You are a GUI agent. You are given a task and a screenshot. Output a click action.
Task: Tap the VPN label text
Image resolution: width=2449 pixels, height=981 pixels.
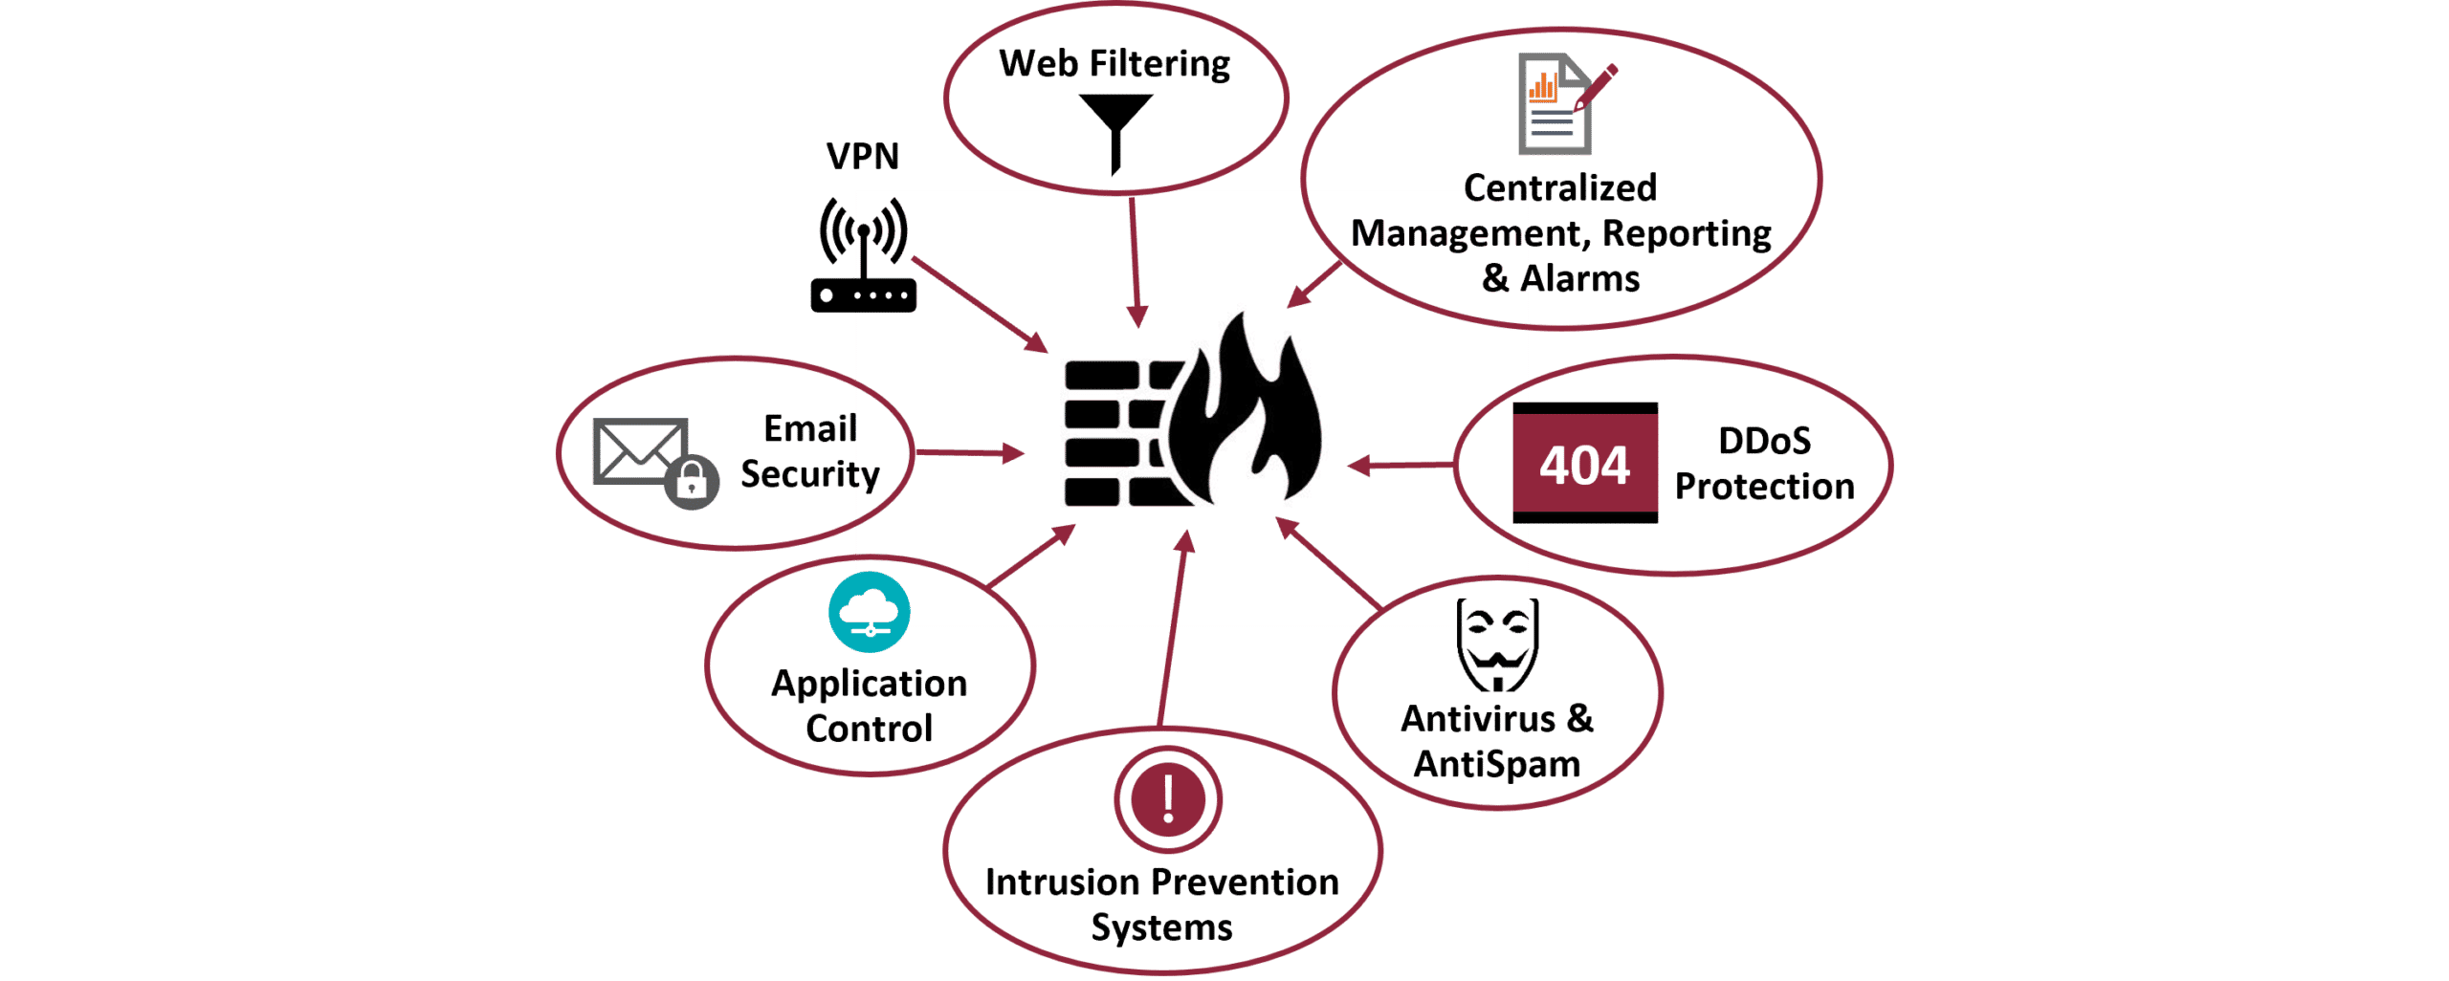click(862, 157)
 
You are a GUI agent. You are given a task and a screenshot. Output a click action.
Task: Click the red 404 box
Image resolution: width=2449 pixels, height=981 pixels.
click(1585, 465)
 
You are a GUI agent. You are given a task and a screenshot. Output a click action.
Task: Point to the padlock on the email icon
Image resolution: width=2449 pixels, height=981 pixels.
click(692, 481)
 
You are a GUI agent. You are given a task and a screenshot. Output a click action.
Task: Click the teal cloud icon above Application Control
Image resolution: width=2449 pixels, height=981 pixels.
click(869, 613)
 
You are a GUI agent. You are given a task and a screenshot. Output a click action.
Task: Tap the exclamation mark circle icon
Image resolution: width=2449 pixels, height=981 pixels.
click(1167, 798)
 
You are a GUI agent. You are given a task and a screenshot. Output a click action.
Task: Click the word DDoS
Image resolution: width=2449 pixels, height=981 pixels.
click(1764, 441)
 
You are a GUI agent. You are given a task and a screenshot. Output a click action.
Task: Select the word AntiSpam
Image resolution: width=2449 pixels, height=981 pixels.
click(1496, 765)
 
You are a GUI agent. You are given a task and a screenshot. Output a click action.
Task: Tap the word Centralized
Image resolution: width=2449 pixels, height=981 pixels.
click(1559, 187)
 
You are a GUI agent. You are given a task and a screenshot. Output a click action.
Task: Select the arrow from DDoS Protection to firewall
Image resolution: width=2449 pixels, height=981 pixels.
click(1401, 466)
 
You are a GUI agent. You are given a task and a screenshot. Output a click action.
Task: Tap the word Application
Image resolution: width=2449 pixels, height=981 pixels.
click(869, 685)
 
